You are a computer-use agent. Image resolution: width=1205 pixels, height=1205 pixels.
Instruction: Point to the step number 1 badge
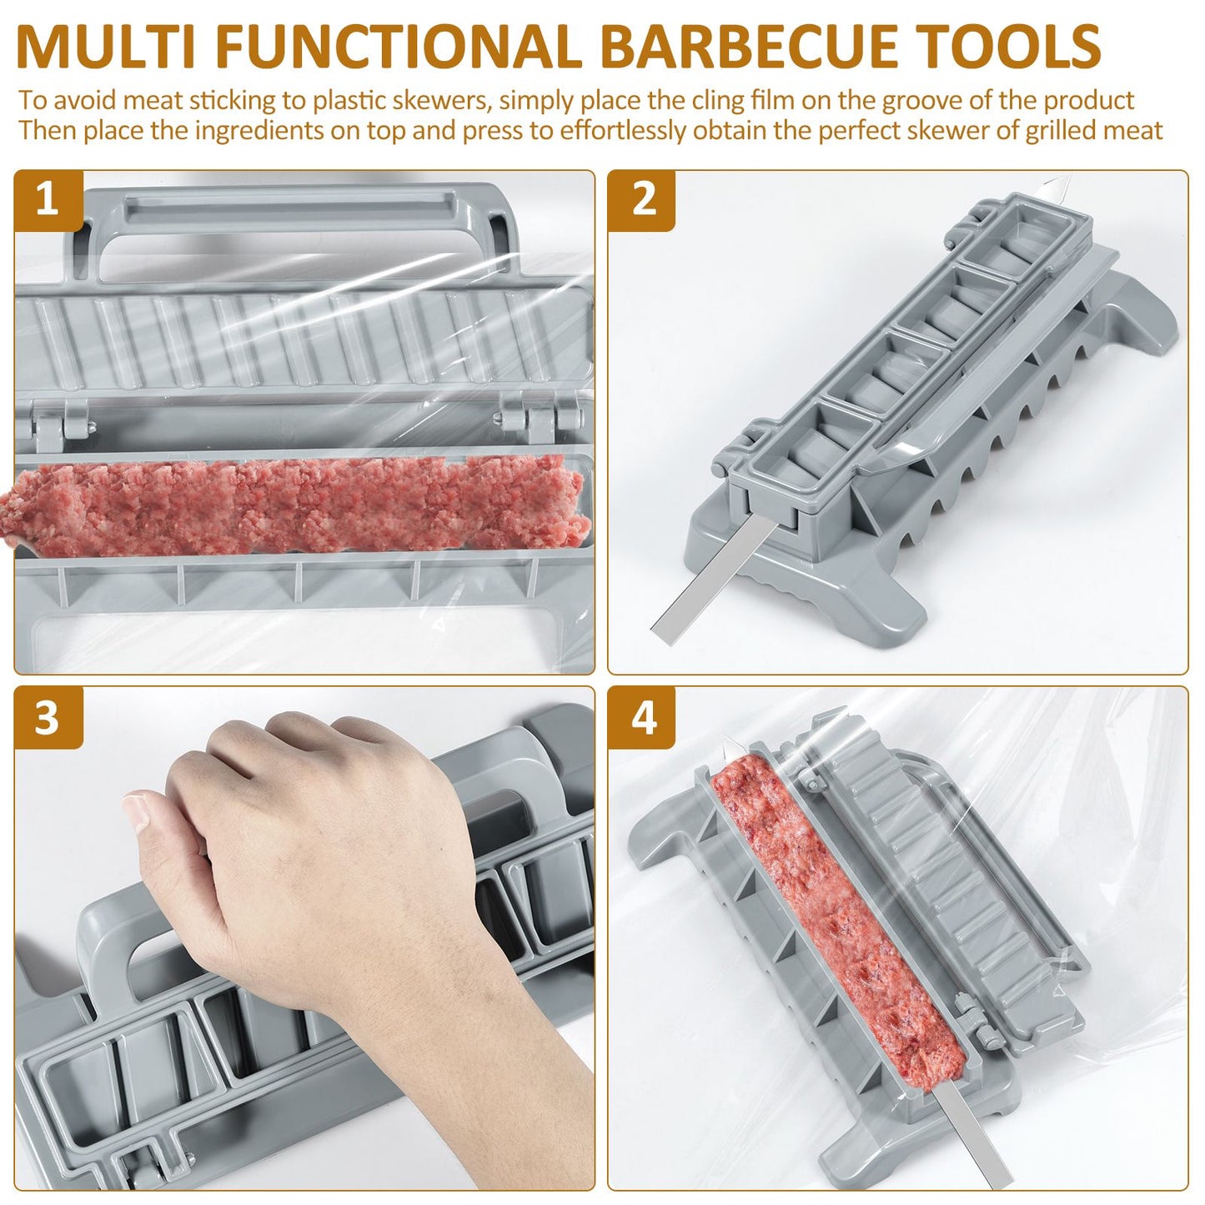(x=48, y=199)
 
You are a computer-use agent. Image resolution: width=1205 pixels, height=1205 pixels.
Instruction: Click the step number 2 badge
(x=642, y=199)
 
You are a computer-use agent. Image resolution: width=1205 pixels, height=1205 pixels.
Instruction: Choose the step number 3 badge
(x=48, y=718)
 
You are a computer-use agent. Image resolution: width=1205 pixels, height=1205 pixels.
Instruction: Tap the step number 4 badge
(x=642, y=718)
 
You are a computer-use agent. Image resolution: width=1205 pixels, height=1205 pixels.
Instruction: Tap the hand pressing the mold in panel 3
(x=317, y=851)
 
